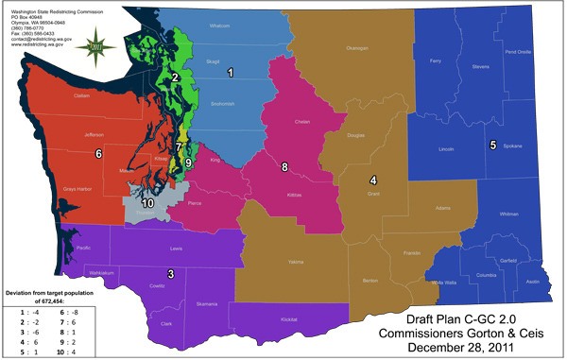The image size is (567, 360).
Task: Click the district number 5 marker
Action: pos(492,146)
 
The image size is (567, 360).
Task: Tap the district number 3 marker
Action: pos(170,274)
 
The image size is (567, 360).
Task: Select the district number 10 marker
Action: pos(147,202)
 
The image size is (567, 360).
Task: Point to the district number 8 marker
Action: pos(284,167)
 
